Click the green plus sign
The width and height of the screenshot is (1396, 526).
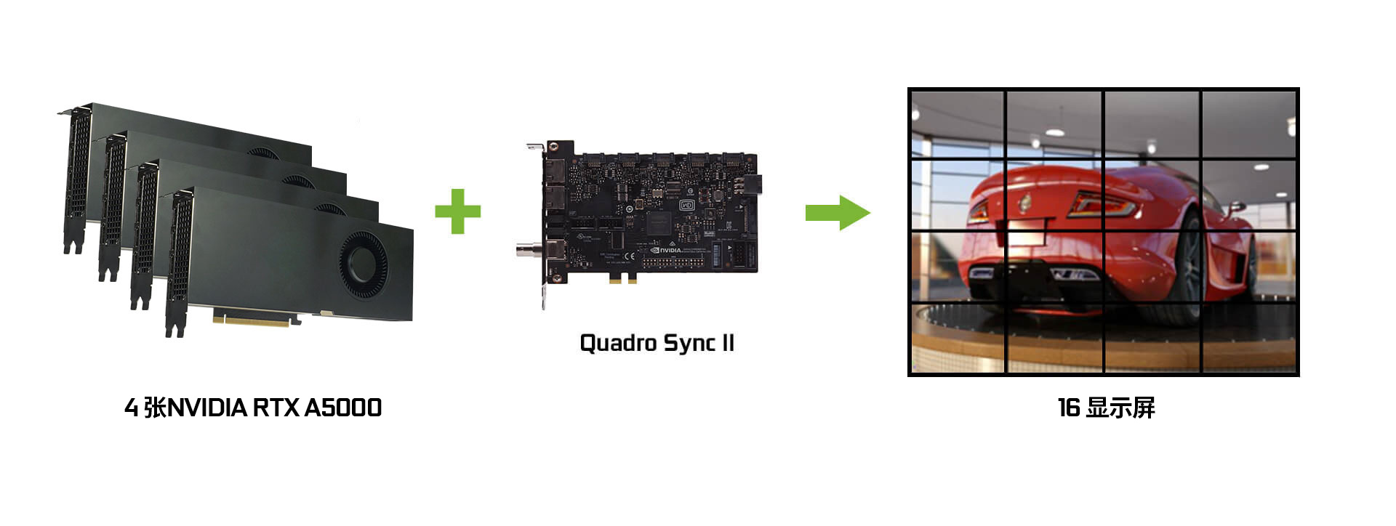click(457, 211)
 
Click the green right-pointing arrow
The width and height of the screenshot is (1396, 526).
click(838, 212)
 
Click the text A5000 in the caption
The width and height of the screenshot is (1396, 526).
click(342, 408)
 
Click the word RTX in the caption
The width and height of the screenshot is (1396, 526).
click(276, 408)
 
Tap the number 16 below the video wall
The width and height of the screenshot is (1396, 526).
click(1068, 408)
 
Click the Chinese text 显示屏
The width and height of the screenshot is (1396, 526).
click(1120, 408)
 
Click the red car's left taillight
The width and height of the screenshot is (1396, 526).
click(979, 211)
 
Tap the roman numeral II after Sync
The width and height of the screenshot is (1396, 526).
click(727, 343)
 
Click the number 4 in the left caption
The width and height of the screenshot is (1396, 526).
click(131, 408)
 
